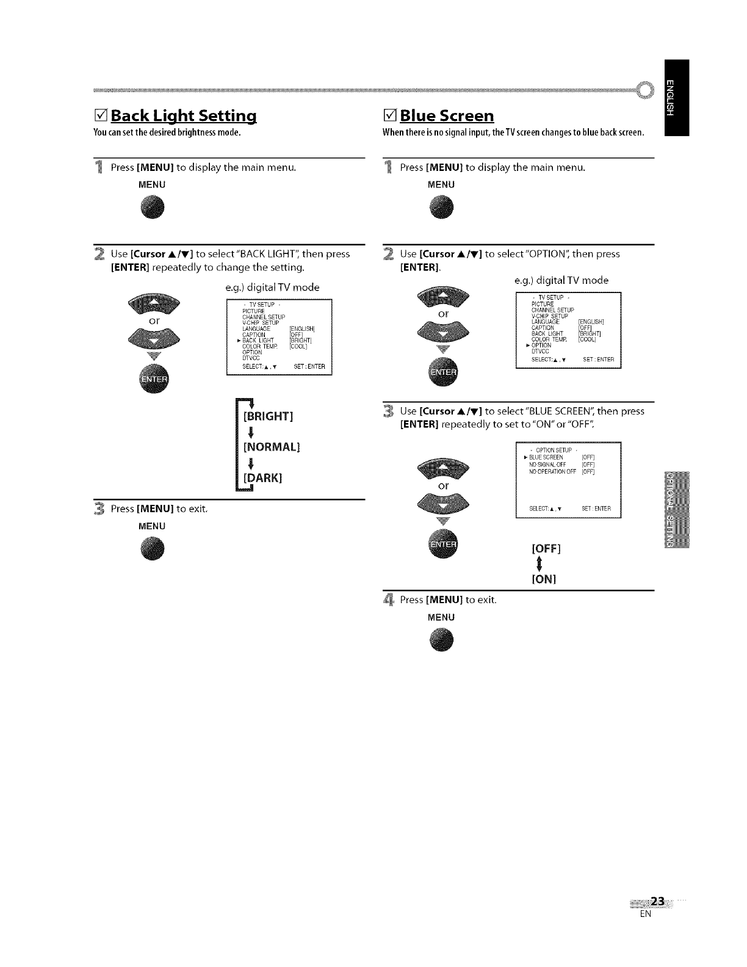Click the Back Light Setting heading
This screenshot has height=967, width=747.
pos(183,115)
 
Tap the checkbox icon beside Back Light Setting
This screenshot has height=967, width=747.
pos(100,115)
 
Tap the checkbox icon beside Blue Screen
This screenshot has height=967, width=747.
pos(389,115)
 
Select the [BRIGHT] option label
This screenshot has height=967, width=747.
pos(269,416)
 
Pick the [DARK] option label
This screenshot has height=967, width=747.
pos(263,477)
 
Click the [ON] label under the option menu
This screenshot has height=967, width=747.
pos(544,579)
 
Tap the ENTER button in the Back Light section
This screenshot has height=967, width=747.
pos(155,379)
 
